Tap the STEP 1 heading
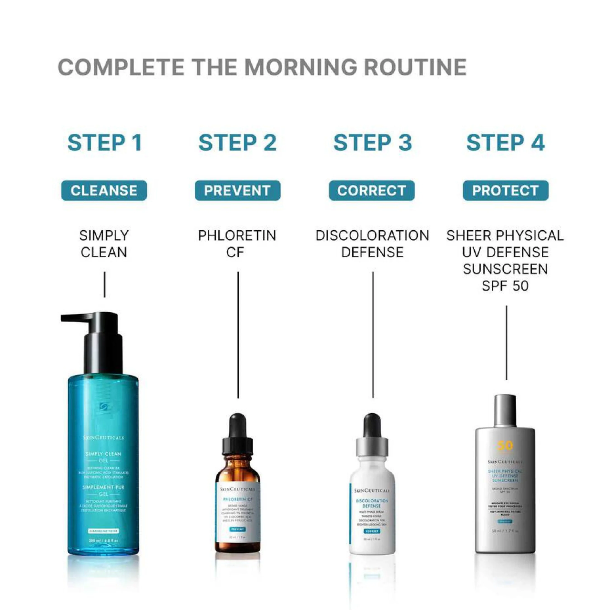point(105,143)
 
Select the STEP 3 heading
point(373,143)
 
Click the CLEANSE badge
point(104,190)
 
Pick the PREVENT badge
point(237,190)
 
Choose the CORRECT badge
point(372,190)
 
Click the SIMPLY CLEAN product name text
point(104,244)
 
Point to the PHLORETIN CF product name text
point(237,244)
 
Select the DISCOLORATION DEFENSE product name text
point(372,244)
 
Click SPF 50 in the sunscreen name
point(505,286)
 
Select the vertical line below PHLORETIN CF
point(238,335)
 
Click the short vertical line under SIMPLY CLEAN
point(105,284)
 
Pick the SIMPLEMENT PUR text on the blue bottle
point(103,487)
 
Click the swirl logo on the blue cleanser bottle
point(103,407)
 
